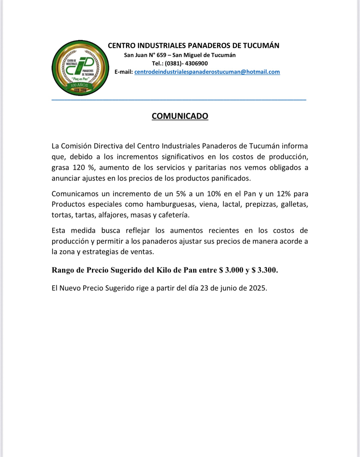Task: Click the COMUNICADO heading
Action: point(180,116)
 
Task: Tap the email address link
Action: point(207,72)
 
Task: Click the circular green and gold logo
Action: point(80,68)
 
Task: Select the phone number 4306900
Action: point(196,63)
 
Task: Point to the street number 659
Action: point(161,55)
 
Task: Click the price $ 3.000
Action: point(231,270)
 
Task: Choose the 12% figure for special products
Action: point(283,194)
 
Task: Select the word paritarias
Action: point(210,168)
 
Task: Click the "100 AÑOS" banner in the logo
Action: point(79,85)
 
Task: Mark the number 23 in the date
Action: point(204,288)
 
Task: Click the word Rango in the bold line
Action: point(63,270)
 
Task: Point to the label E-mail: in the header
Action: point(124,72)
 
